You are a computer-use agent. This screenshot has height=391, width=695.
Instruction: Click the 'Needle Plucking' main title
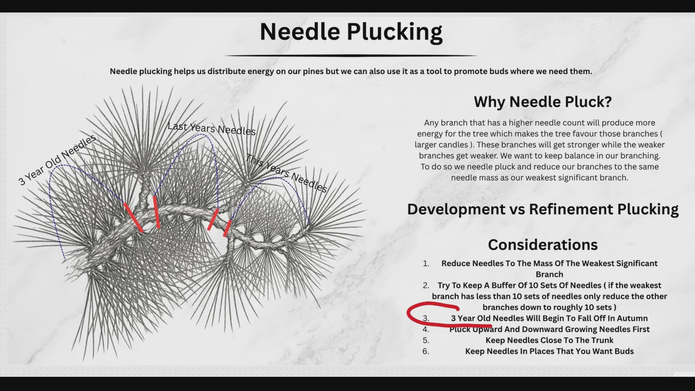click(351, 32)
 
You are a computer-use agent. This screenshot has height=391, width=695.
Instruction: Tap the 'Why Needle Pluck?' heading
click(543, 102)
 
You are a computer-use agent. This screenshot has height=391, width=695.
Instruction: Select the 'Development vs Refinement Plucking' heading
click(543, 209)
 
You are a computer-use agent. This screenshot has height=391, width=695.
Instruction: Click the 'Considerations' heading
click(543, 245)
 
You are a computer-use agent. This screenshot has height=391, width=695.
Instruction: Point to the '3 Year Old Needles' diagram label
click(57, 160)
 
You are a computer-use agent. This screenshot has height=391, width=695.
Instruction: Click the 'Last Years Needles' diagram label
click(212, 128)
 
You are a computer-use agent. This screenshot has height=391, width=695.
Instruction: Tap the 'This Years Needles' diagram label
click(286, 173)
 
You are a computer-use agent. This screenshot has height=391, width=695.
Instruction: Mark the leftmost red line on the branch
click(133, 218)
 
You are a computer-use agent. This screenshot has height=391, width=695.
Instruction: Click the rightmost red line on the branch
click(227, 228)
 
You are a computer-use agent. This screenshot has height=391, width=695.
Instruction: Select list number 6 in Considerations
click(426, 351)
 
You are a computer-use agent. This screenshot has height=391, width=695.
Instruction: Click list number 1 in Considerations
click(426, 264)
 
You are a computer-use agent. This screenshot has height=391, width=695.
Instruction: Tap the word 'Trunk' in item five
click(602, 340)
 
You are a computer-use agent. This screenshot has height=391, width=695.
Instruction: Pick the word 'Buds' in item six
click(624, 351)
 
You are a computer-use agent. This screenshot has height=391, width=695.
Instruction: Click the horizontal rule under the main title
click(351, 56)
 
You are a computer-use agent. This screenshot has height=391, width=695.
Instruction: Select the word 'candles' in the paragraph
click(453, 145)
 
